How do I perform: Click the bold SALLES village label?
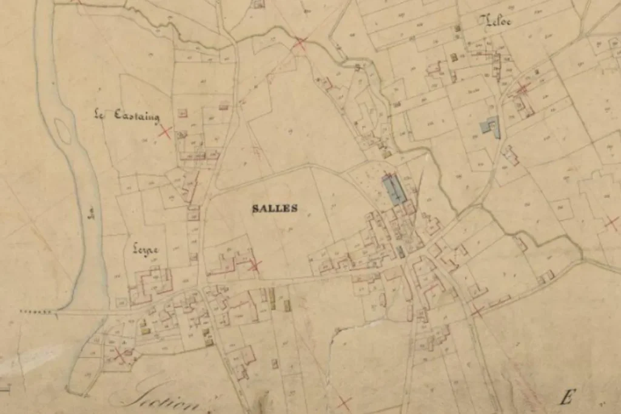(x=275, y=208)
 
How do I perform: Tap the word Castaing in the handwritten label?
(x=137, y=116)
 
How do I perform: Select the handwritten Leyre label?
(x=145, y=249)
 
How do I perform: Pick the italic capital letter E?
(x=566, y=398)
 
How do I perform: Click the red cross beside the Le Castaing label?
(x=164, y=131)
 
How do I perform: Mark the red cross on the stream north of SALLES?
(x=300, y=43)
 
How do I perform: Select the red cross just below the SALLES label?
(x=255, y=264)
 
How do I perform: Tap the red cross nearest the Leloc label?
(x=522, y=88)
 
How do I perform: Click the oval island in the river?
(x=62, y=130)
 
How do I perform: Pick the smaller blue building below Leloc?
(x=489, y=125)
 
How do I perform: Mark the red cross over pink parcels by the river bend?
(x=122, y=353)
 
